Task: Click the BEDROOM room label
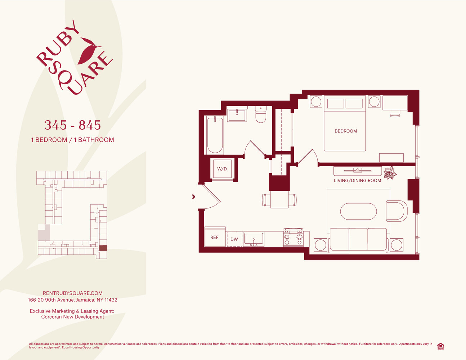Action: [x=346, y=131]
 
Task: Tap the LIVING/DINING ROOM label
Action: [x=357, y=180]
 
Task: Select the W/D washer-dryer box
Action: [x=222, y=169]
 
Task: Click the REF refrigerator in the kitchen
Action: [x=215, y=237]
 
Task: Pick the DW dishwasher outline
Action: [x=234, y=239]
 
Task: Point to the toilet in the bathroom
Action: [x=260, y=114]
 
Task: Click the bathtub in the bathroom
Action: [x=215, y=135]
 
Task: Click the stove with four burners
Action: [x=293, y=238]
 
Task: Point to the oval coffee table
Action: [x=359, y=212]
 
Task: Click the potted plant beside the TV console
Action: [x=390, y=173]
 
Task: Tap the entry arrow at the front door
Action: [x=194, y=197]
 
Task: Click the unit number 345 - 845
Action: [x=72, y=125]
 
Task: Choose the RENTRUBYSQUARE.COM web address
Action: [x=72, y=293]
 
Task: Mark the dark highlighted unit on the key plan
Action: [x=103, y=248]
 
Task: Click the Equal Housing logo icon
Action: [x=440, y=346]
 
